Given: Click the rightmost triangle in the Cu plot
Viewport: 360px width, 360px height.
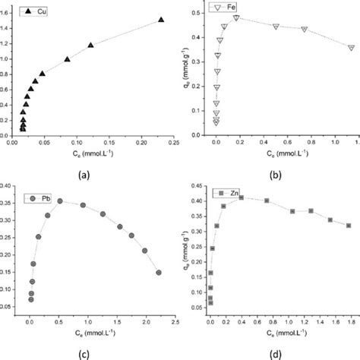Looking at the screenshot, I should [161, 20].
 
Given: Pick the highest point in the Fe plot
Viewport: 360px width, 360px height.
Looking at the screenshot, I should [236, 17].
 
